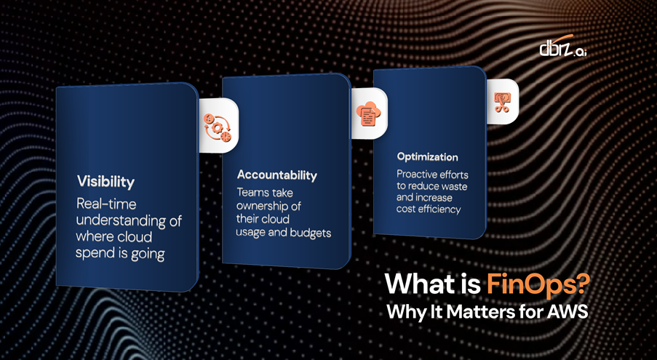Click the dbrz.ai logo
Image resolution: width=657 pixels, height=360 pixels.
[562, 46]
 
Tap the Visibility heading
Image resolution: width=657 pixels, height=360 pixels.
[105, 182]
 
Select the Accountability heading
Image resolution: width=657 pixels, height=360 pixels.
[277, 175]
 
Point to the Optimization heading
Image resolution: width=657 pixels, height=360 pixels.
[427, 157]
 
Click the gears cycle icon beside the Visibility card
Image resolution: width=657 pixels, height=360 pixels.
[217, 126]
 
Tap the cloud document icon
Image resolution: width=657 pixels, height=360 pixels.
[368, 113]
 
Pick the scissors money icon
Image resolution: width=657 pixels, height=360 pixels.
[501, 102]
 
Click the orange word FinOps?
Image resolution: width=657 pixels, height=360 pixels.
[538, 284]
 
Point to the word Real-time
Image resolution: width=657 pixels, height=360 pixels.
[106, 204]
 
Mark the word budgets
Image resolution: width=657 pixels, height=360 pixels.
[311, 232]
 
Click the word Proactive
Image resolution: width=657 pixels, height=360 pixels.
[416, 174]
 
